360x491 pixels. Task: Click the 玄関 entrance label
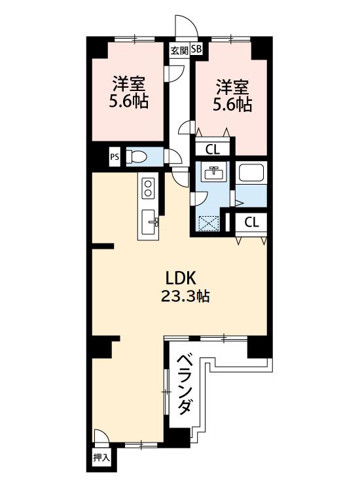(x=180, y=50)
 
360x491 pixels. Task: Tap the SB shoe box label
(x=197, y=49)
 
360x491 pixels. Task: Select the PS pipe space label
(x=115, y=156)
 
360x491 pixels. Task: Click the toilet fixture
(x=136, y=156)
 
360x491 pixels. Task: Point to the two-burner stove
(x=148, y=188)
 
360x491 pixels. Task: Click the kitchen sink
(x=149, y=222)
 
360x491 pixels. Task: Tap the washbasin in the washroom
(x=213, y=173)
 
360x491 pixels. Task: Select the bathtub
(x=251, y=173)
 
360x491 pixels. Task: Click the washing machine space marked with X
(x=209, y=223)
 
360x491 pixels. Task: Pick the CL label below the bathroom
(x=252, y=223)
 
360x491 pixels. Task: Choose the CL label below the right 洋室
(x=213, y=150)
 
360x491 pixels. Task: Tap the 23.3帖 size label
(x=185, y=296)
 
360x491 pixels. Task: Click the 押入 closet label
(x=101, y=458)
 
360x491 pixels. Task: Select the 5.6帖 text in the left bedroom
(x=129, y=101)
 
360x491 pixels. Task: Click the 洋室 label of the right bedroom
(x=233, y=87)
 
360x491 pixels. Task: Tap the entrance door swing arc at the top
(x=187, y=25)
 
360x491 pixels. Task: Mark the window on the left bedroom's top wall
(x=135, y=39)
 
